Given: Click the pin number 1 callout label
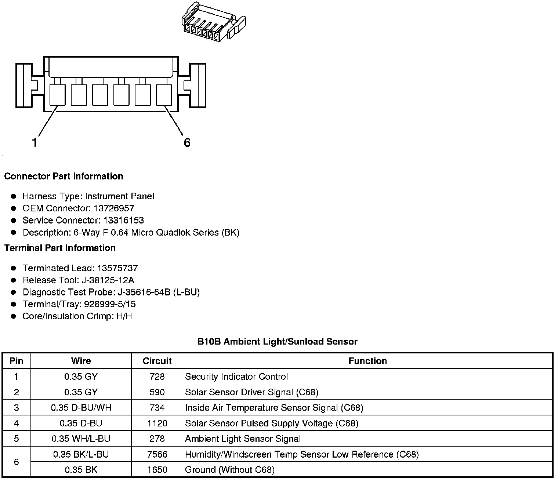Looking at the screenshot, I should (35, 142).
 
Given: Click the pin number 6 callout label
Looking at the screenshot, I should (187, 142).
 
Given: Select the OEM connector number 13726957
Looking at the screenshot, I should (114, 208).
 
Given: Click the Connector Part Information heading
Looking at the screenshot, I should (64, 177).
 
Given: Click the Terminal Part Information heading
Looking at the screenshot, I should (60, 248).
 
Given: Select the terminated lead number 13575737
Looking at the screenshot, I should (117, 268).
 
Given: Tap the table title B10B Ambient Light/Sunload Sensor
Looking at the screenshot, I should (277, 342).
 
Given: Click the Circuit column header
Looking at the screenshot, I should (157, 361).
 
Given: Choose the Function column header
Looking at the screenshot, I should (367, 361).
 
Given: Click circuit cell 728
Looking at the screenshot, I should (157, 377).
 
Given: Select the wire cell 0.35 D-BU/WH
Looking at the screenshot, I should (81, 408).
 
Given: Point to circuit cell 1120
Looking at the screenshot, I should (157, 423).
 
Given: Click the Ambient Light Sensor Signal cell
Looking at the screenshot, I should (243, 439).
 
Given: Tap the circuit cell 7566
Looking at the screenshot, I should (157, 454).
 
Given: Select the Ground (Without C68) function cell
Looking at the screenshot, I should (229, 470).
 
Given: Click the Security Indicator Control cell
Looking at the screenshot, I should (236, 377).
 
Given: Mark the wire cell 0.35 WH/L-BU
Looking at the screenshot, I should (81, 439).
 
